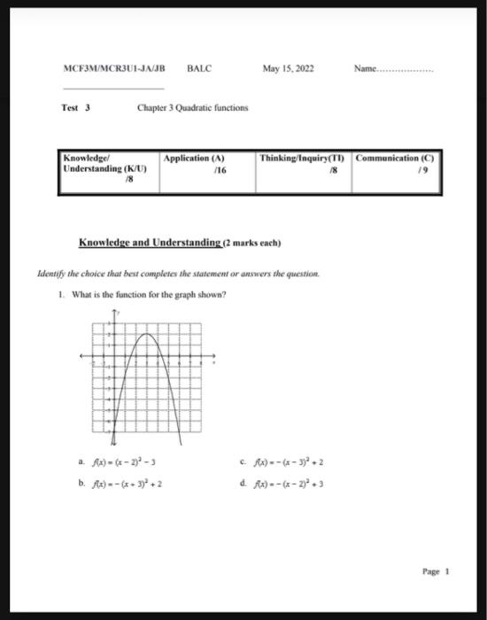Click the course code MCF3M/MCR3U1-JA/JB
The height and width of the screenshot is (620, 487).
point(114,68)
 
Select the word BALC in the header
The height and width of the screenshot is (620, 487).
point(199,68)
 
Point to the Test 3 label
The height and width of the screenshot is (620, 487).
point(77,108)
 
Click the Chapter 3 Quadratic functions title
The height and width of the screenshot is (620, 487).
point(192,108)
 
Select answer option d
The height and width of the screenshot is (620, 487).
point(284,484)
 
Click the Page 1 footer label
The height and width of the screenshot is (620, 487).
point(437,572)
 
